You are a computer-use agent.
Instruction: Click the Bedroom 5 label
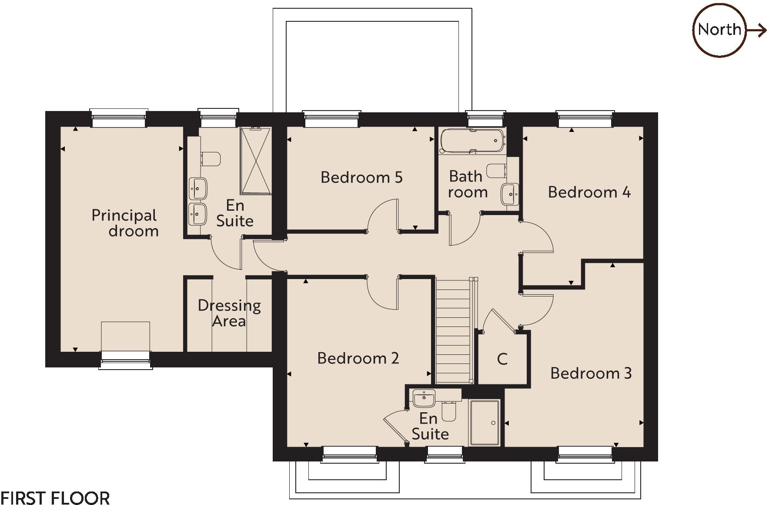tap(361, 177)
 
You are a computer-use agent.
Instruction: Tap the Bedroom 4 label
tap(589, 192)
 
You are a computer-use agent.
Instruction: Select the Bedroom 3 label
tap(591, 373)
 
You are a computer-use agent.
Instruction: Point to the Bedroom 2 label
tap(358, 358)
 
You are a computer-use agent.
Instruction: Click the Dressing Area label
tap(229, 313)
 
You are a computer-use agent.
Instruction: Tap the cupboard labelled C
tap(502, 359)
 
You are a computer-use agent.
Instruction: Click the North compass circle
tap(719, 30)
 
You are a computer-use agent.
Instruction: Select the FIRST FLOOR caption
tap(55, 498)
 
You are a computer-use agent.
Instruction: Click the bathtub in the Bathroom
tap(472, 140)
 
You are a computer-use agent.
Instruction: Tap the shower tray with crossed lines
tap(256, 161)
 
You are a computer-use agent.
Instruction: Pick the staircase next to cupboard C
tap(453, 331)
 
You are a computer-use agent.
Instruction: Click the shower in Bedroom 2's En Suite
tap(484, 423)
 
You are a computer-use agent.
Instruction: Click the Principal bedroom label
tap(125, 222)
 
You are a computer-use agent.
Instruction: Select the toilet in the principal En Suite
tap(211, 159)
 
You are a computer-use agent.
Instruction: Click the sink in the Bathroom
tap(509, 194)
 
